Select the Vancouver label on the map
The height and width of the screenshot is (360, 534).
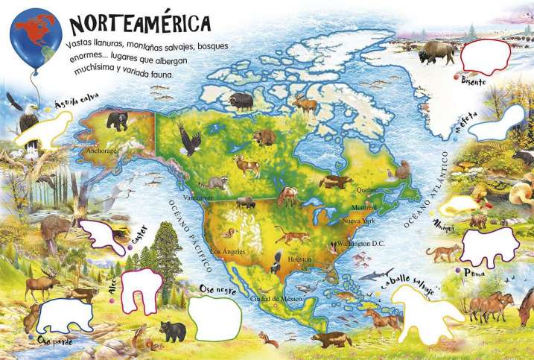(x=198, y=198)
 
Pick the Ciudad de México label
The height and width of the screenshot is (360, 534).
(x=275, y=298)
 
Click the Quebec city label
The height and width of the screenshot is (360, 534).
(x=367, y=189)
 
